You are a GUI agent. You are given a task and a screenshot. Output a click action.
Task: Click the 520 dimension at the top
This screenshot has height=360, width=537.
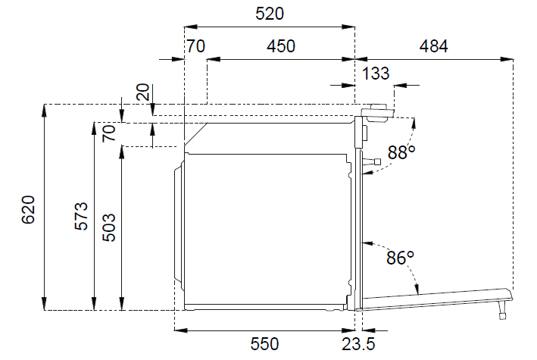[270, 14]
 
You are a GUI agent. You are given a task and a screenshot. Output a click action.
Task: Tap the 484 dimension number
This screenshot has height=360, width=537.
[434, 46]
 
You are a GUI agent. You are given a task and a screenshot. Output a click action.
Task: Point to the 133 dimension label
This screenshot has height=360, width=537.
[376, 74]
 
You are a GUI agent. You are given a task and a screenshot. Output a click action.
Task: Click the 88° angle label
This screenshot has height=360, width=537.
[401, 152]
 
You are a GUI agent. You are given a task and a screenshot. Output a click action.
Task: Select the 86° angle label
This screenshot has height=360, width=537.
[400, 258]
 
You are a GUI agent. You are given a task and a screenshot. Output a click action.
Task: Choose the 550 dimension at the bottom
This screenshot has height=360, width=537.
[265, 344]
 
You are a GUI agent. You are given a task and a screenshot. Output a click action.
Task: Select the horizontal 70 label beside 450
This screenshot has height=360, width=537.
[195, 46]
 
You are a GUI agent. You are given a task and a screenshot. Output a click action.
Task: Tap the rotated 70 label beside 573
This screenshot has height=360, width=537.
[109, 133]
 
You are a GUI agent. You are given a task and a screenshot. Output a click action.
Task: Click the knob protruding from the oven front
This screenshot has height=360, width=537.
[372, 161]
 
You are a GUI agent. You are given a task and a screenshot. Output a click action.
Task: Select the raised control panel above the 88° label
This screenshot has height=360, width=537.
[376, 112]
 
